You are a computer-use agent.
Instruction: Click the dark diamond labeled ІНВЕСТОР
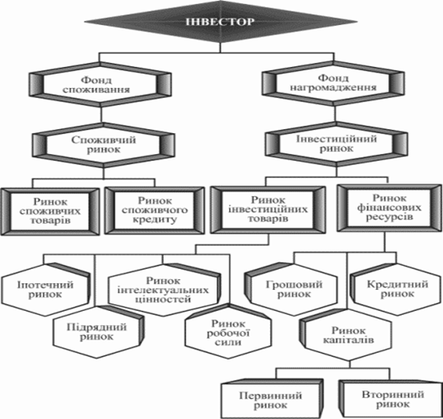point(221,22)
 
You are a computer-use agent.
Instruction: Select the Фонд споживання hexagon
point(100,85)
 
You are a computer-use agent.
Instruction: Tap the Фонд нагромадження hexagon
point(333,83)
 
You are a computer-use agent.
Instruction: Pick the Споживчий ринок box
point(103,145)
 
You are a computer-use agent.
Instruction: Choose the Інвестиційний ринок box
point(336,143)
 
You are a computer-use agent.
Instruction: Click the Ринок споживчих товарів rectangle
point(50,211)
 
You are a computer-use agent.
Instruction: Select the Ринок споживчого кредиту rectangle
point(154,210)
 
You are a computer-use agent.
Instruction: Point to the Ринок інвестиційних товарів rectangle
point(268,209)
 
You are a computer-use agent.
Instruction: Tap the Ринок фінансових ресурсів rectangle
point(389,208)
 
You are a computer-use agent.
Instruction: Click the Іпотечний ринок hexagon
point(45,290)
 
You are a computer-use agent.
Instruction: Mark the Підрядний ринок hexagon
point(98,332)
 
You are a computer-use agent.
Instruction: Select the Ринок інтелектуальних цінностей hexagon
point(164,290)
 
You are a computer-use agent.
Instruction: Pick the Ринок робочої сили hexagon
point(227,333)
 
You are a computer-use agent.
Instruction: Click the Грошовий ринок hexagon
point(291,289)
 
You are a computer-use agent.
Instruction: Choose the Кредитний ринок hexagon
point(396,289)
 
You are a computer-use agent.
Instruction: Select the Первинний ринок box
point(272,399)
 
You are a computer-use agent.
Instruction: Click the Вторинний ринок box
point(391,398)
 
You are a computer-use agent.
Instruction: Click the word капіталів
point(348,340)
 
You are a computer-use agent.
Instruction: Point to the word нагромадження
point(333,87)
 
